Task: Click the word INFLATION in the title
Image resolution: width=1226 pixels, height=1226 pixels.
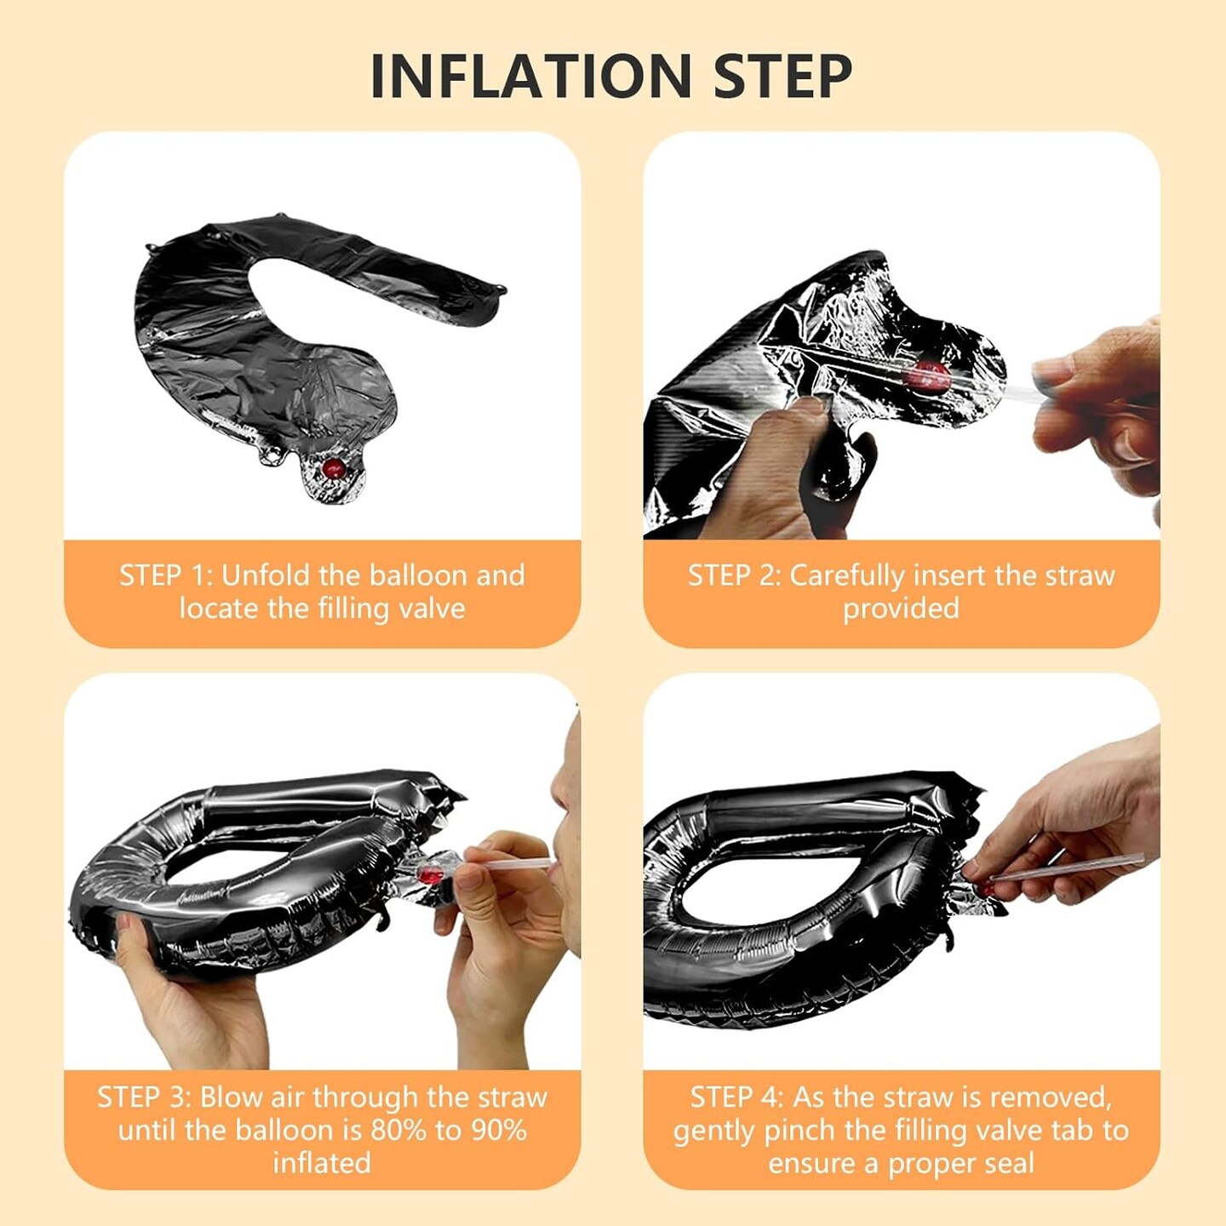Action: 530,76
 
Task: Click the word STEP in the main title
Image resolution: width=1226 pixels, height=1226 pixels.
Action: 783,76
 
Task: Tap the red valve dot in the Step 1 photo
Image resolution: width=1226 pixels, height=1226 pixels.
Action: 334,468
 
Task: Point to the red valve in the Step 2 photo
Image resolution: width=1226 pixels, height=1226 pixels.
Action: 931,376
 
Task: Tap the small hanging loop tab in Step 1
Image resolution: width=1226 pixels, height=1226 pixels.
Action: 273,455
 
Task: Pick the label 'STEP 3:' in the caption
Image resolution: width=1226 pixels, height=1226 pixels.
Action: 144,1097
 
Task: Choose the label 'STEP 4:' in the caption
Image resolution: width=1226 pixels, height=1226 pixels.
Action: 736,1097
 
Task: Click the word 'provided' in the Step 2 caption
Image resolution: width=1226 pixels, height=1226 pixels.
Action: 901,609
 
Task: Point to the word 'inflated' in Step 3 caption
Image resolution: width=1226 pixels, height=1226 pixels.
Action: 322,1164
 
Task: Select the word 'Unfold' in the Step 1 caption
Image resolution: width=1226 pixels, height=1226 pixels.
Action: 266,576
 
